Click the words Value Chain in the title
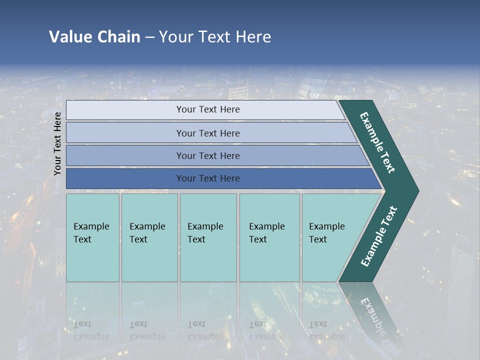click(94, 37)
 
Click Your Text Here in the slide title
click(215, 37)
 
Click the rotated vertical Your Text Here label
click(57, 143)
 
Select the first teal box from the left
click(92, 237)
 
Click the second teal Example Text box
click(149, 237)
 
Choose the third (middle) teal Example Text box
click(208, 237)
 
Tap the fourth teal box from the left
click(269, 237)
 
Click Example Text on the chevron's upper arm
click(377, 142)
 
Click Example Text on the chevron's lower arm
click(379, 236)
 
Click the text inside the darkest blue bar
click(208, 178)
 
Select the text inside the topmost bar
click(208, 109)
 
